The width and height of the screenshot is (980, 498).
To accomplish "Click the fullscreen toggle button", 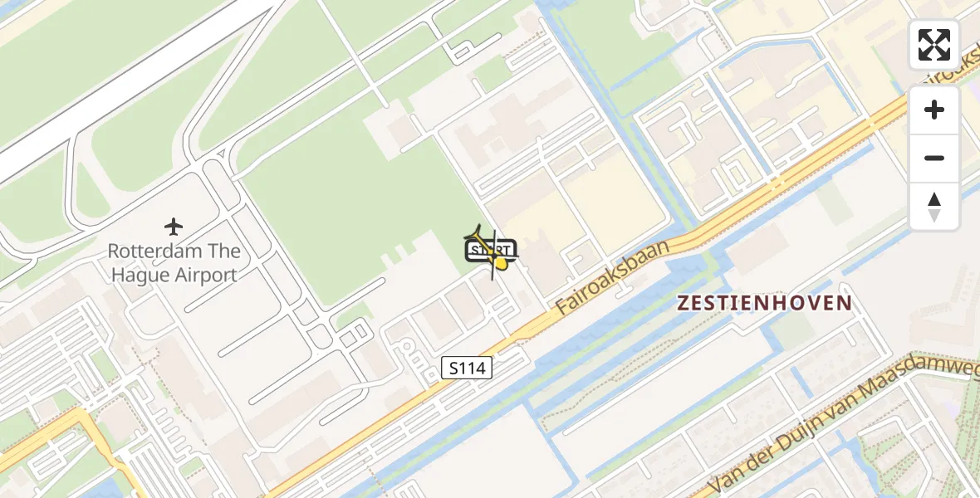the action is click(x=934, y=45).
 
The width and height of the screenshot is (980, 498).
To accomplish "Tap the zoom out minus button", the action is click(x=934, y=158).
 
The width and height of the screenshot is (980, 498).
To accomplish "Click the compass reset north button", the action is click(x=934, y=206).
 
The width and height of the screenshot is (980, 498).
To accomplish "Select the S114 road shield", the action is click(x=467, y=368).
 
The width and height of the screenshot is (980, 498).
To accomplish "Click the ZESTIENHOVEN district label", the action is click(x=764, y=303).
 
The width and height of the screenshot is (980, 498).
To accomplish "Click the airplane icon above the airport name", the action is click(x=174, y=226).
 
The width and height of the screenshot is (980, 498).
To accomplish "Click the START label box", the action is click(x=492, y=250).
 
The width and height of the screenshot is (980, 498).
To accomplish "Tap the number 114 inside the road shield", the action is click(x=472, y=368).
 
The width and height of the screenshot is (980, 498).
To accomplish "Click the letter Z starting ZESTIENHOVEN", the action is click(x=684, y=303).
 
